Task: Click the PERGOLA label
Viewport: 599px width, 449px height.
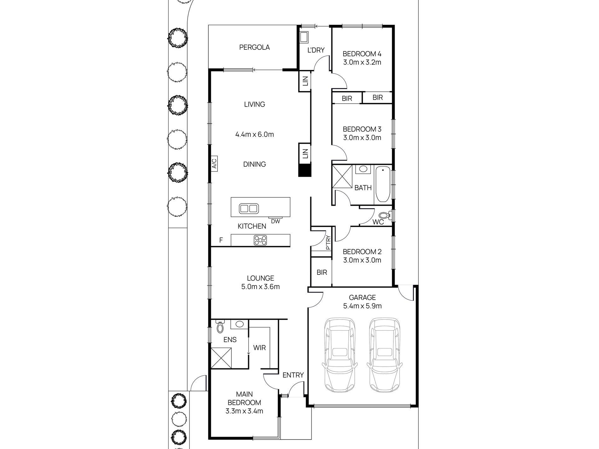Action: pyautogui.click(x=254, y=48)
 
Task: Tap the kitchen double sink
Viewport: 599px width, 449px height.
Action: pyautogui.click(x=249, y=209)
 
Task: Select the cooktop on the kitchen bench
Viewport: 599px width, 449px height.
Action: pyautogui.click(x=260, y=241)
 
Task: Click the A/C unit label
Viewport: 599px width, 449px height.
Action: pyautogui.click(x=214, y=164)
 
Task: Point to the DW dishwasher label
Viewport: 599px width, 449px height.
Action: pyautogui.click(x=276, y=221)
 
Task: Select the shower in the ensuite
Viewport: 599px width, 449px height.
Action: pyautogui.click(x=221, y=357)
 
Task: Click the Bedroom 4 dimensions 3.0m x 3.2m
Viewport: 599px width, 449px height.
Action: pyautogui.click(x=362, y=62)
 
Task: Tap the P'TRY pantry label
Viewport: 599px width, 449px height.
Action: pyautogui.click(x=329, y=243)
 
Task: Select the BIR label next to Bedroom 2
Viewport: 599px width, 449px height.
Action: pyautogui.click(x=322, y=272)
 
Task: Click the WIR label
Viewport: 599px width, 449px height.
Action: pyautogui.click(x=259, y=348)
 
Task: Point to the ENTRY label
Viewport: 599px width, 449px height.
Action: pyautogui.click(x=293, y=375)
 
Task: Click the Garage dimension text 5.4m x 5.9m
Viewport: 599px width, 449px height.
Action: pyautogui.click(x=362, y=306)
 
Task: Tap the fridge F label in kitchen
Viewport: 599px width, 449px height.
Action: pyautogui.click(x=221, y=240)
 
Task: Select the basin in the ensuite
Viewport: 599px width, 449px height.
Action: pyautogui.click(x=239, y=324)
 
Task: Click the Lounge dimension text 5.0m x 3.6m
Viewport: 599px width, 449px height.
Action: pyautogui.click(x=260, y=287)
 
